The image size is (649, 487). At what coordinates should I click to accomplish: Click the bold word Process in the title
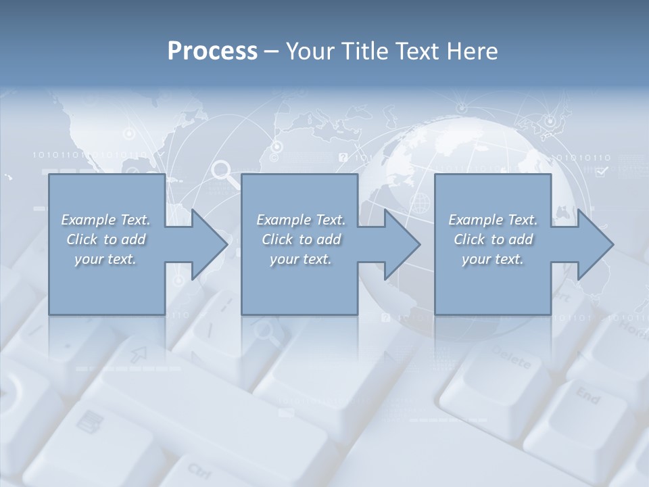212,51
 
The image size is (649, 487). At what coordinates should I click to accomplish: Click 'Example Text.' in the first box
105,220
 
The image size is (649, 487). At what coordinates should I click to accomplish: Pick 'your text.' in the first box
105,259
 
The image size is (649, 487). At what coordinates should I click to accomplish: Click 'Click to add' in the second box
301,239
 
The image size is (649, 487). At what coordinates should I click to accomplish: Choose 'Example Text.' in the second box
301,220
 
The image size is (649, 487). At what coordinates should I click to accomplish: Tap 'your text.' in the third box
493,259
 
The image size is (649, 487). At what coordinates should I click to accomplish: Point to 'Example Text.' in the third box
493,220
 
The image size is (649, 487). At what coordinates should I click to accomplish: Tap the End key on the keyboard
587,395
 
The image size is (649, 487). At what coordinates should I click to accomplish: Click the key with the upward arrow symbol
139,352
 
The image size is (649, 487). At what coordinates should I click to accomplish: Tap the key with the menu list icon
87,423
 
